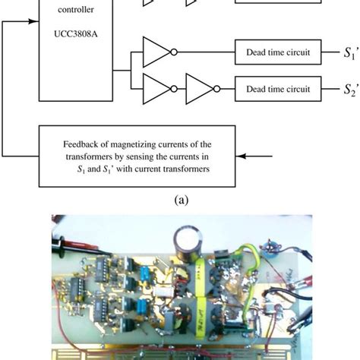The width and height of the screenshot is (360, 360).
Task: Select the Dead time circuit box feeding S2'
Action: point(278,89)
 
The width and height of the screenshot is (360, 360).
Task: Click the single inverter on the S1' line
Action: point(157,52)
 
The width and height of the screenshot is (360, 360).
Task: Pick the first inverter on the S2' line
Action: point(157,89)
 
